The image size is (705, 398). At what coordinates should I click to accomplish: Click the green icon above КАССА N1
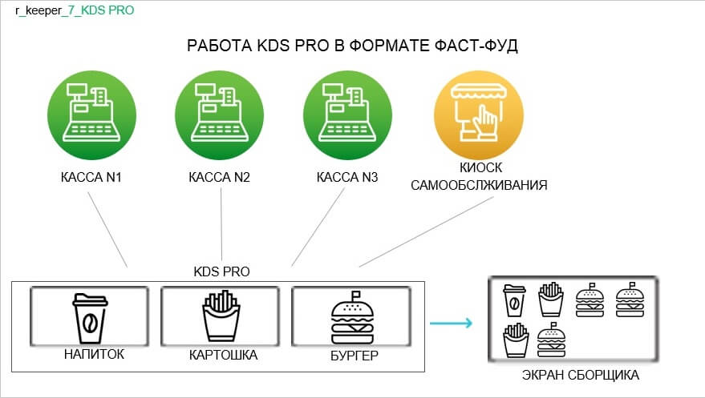(91, 115)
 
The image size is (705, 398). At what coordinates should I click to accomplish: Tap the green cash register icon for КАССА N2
(220, 115)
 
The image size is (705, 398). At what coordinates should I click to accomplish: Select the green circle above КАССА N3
(347, 115)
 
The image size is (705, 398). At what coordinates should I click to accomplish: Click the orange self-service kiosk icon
(479, 115)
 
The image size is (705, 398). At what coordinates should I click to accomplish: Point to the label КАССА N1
(91, 177)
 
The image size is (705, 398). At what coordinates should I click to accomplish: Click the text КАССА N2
(220, 177)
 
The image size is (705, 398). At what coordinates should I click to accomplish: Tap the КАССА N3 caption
(347, 177)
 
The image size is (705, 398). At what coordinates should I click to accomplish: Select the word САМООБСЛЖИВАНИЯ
(479, 185)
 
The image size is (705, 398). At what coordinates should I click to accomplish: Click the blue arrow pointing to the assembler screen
(451, 323)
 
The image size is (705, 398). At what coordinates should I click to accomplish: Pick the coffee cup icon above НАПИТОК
(90, 319)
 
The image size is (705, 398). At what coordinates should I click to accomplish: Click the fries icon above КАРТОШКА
(221, 316)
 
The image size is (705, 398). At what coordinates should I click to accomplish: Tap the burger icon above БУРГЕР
(352, 318)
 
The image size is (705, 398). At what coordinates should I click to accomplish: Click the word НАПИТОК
(94, 354)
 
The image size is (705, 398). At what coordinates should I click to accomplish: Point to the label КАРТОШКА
(224, 355)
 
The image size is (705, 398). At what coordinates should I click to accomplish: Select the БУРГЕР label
(355, 356)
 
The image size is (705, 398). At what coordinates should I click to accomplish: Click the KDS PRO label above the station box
(221, 271)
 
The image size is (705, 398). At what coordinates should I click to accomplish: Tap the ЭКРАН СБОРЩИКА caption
(581, 375)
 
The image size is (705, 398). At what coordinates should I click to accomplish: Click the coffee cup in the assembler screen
(514, 300)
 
